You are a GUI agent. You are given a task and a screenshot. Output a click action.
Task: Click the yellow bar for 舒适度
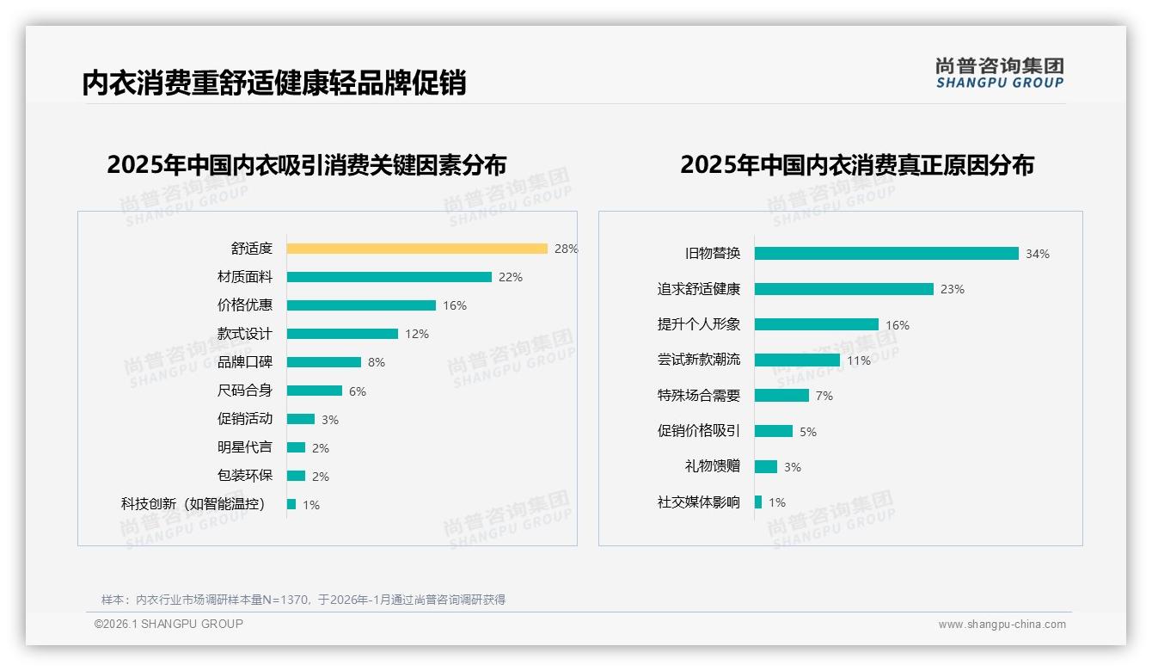tap(417, 249)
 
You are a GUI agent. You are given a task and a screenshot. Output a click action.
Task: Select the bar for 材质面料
tap(389, 277)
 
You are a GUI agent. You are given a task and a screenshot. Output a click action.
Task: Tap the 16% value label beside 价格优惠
tap(455, 305)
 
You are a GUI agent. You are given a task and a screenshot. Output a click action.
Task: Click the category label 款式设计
tap(245, 334)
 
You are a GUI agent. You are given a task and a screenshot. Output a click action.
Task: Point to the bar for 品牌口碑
tap(324, 362)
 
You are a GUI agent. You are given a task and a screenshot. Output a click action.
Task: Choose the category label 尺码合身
tap(245, 391)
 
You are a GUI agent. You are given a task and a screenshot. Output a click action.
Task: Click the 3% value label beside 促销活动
tap(330, 420)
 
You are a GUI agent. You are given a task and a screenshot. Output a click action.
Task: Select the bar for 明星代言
tap(296, 447)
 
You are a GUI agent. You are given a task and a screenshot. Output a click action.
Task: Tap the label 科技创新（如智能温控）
tap(194, 504)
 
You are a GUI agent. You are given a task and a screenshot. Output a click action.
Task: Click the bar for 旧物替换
tap(886, 254)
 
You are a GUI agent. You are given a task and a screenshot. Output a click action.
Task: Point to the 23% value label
tap(953, 289)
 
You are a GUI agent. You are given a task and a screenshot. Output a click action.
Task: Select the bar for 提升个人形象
tap(817, 324)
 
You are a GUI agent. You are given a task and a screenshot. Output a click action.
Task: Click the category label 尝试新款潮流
tap(699, 360)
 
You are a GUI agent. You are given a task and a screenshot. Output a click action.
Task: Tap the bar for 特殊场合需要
tap(781, 395)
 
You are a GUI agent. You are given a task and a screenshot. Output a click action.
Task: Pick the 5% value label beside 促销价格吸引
tap(808, 432)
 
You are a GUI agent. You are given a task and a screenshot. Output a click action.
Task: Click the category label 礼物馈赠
tap(713, 466)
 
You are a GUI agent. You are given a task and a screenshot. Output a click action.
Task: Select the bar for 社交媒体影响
tap(758, 502)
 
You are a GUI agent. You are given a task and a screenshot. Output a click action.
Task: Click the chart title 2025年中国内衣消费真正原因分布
tap(857, 164)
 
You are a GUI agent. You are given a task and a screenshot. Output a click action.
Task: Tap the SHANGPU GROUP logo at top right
tap(1000, 73)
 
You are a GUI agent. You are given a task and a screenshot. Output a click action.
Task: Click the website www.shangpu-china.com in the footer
tap(1002, 625)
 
